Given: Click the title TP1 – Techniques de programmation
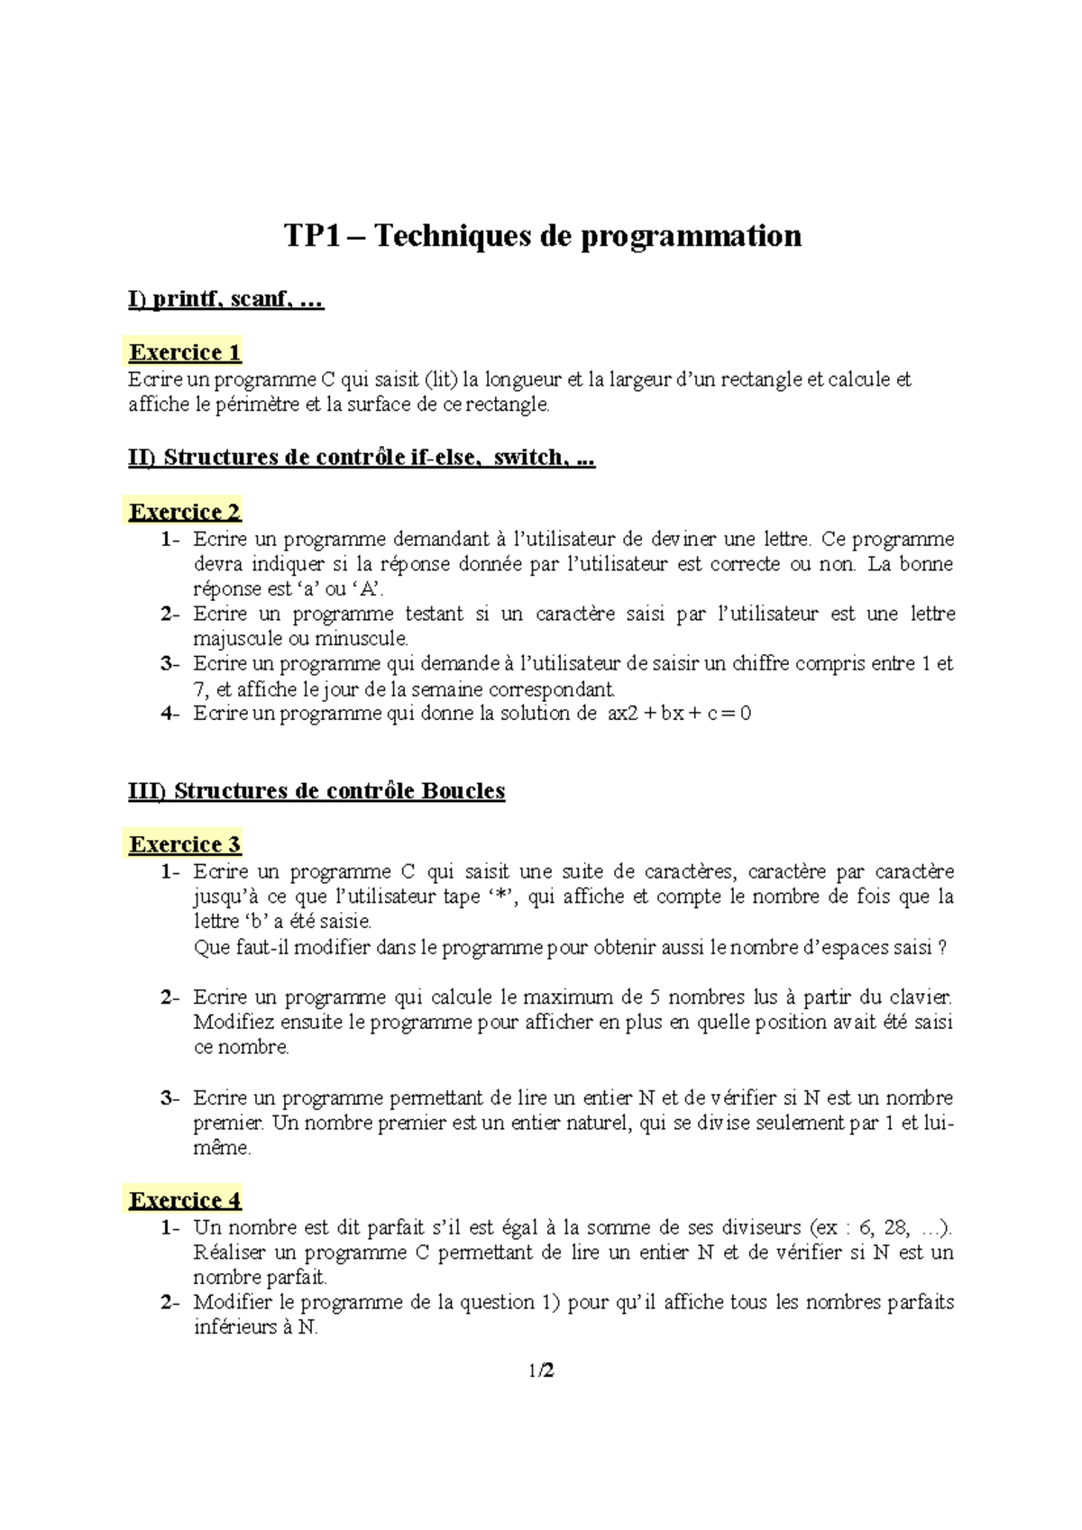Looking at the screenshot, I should pyautogui.click(x=542, y=236).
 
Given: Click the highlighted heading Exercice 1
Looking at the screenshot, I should pyautogui.click(x=185, y=352).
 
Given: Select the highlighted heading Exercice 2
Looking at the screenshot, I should pyautogui.click(x=185, y=512).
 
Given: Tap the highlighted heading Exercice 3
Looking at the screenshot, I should pyautogui.click(x=185, y=844).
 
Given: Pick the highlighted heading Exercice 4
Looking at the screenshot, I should pyautogui.click(x=185, y=1200).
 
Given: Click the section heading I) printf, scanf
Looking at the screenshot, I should pyautogui.click(x=225, y=299).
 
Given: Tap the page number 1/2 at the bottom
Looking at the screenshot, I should pyautogui.click(x=541, y=1371).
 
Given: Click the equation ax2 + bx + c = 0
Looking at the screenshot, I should pyautogui.click(x=679, y=714).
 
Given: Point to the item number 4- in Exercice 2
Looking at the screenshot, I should pyautogui.click(x=170, y=714).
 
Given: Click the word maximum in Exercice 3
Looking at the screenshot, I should pyautogui.click(x=569, y=997).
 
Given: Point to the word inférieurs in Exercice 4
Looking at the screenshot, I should pyautogui.click(x=234, y=1327).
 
